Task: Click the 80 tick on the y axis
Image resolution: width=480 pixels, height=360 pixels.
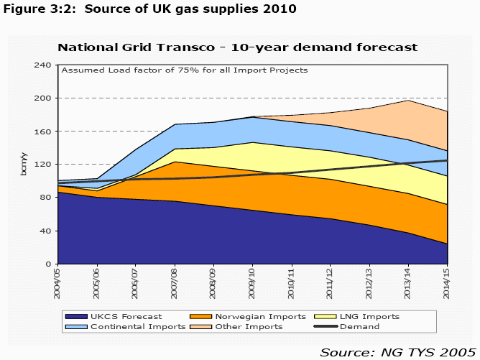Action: [x=47, y=198]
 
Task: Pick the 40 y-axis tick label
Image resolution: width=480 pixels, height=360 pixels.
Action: [x=47, y=231]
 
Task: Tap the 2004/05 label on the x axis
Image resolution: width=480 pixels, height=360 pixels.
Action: [x=59, y=281]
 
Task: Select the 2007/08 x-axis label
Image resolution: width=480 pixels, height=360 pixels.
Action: [x=174, y=281]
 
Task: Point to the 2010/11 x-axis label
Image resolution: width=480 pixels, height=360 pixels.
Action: [x=289, y=281]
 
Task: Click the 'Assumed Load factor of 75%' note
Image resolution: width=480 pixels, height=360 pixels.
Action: [x=185, y=70]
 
